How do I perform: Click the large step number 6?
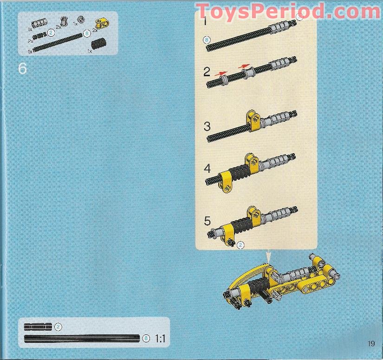point(22,68)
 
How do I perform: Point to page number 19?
point(371,343)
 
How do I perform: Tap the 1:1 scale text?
point(160,339)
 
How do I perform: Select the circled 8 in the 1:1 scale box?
point(146,338)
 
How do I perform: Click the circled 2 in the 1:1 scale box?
point(58,327)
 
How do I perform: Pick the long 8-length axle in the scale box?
point(82,339)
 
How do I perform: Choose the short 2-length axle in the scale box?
point(38,327)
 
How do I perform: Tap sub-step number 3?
point(207,127)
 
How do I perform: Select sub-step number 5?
point(207,221)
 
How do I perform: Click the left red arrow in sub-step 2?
point(221,73)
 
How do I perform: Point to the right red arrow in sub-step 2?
point(244,66)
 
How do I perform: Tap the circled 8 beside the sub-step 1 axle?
point(207,40)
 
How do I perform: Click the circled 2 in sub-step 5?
point(240,245)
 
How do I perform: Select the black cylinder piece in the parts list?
point(98,44)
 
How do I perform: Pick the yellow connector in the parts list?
point(102,24)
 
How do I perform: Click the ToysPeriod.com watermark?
point(288,12)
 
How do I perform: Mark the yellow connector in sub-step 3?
point(253,121)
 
